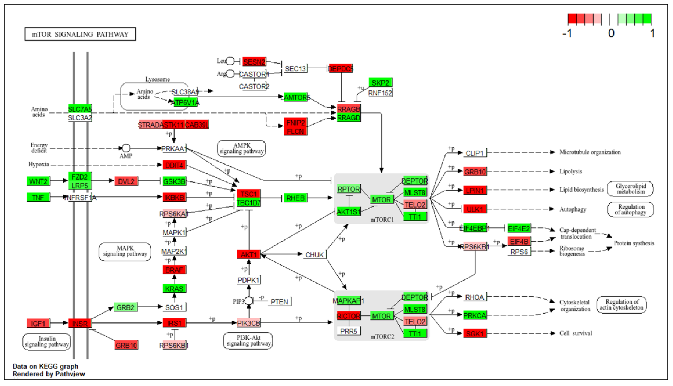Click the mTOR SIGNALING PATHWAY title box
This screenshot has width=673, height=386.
point(80,34)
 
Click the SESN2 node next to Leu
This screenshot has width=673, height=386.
point(254,62)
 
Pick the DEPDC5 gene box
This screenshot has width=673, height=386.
point(341,68)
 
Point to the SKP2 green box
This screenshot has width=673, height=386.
point(380,83)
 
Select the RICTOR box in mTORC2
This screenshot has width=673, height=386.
point(348,316)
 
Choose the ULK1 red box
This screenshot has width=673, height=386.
point(475,209)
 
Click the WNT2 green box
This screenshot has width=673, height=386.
point(38,181)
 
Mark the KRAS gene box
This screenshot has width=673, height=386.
point(174,288)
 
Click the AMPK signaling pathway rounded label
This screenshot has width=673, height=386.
point(241,148)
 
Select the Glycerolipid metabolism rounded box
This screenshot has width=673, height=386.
point(630,189)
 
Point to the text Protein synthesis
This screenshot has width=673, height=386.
point(634,243)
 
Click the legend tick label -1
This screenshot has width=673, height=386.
point(567,33)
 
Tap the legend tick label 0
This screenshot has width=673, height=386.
point(611,33)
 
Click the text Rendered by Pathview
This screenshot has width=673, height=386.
point(49,374)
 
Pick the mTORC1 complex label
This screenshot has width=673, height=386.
point(382,220)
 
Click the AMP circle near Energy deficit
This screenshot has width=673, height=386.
point(126,148)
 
